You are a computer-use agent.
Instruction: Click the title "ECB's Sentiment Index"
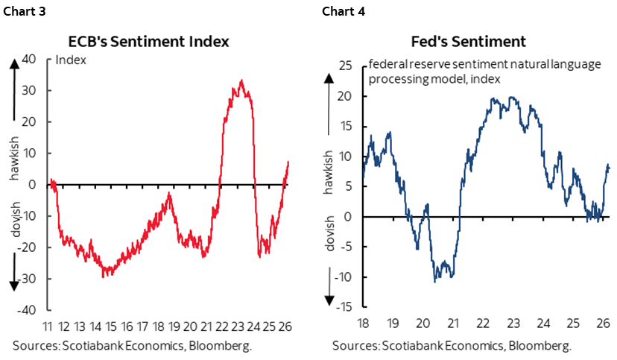tap(154, 42)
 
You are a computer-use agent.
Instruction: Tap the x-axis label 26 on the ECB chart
tap(288, 326)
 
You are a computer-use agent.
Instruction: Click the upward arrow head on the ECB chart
tap(13, 63)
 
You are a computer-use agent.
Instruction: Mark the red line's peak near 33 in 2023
tap(241, 80)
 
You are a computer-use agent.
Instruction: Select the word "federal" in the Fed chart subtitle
tap(385, 65)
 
